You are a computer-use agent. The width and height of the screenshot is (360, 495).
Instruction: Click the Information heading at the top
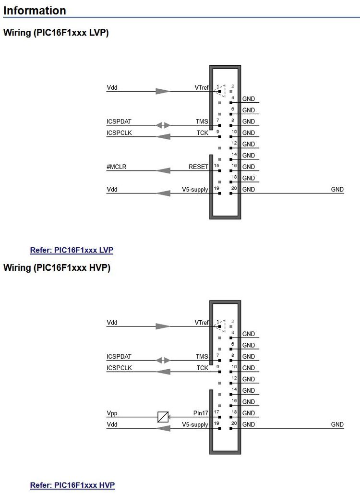pyautogui.click(x=35, y=11)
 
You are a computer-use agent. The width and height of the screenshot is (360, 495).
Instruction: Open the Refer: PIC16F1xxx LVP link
pyautogui.click(x=72, y=250)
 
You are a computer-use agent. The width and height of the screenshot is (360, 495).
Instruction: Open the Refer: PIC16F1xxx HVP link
pyautogui.click(x=72, y=485)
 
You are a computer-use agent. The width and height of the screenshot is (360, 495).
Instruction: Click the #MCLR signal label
pyautogui.click(x=117, y=167)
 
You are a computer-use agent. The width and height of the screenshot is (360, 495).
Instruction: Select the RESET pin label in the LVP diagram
pyautogui.click(x=198, y=167)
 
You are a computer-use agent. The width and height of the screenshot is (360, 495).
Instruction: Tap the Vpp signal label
pyautogui.click(x=112, y=413)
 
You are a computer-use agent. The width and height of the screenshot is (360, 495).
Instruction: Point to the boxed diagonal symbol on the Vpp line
pyautogui.click(x=163, y=417)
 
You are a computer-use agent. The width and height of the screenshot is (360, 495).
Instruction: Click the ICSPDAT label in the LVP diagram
pyautogui.click(x=119, y=122)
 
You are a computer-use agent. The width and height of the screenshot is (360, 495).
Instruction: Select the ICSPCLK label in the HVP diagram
pyautogui.click(x=119, y=368)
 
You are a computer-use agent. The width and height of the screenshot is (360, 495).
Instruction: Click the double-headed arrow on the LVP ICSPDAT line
pyautogui.click(x=164, y=125)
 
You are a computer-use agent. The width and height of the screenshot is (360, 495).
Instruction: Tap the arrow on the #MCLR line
pyautogui.click(x=164, y=170)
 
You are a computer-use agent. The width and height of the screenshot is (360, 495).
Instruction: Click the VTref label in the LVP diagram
pyautogui.click(x=201, y=88)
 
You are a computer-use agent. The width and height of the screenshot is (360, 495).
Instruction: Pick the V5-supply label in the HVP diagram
pyautogui.click(x=195, y=425)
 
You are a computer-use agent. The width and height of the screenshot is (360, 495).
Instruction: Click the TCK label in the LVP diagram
pyautogui.click(x=203, y=133)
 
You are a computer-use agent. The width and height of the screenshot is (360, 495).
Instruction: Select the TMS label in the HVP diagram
pyautogui.click(x=202, y=357)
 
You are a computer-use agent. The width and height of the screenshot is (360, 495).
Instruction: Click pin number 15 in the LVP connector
pyautogui.click(x=216, y=166)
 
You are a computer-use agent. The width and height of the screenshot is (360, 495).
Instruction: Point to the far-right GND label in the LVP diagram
pyautogui.click(x=337, y=190)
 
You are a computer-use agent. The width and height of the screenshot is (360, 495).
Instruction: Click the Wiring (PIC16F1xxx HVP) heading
pyautogui.click(x=57, y=268)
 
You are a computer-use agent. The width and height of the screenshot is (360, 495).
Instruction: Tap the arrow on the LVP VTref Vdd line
pyautogui.click(x=163, y=91)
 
